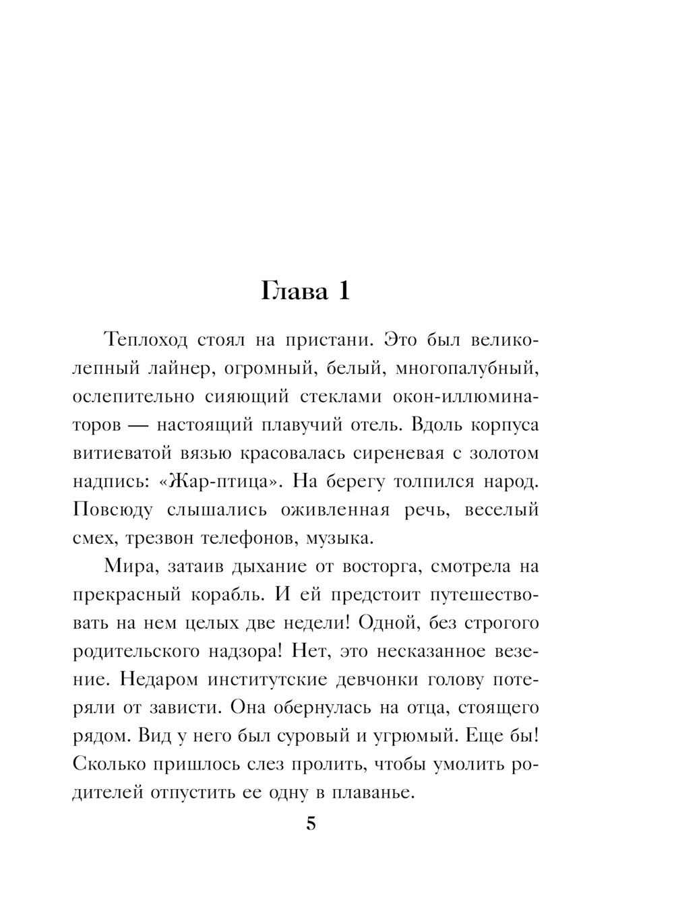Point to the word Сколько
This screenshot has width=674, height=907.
(x=111, y=765)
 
